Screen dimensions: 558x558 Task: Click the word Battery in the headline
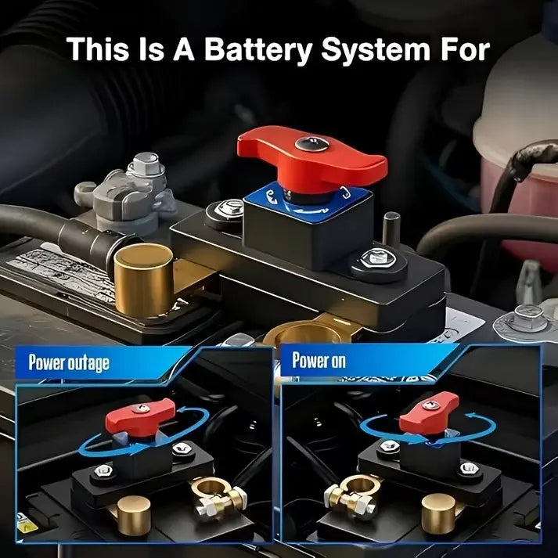click(258, 50)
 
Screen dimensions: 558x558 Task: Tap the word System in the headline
click(376, 50)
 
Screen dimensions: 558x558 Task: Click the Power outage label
click(69, 362)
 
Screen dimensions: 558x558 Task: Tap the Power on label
click(319, 360)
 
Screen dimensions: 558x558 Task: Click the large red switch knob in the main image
click(311, 159)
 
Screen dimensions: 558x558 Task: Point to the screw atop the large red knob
click(311, 143)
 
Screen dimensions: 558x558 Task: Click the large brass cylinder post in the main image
click(143, 280)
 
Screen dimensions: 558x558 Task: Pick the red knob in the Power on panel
click(428, 412)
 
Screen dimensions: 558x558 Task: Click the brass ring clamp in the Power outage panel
click(218, 495)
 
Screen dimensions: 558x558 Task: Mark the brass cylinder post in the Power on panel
click(438, 513)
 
